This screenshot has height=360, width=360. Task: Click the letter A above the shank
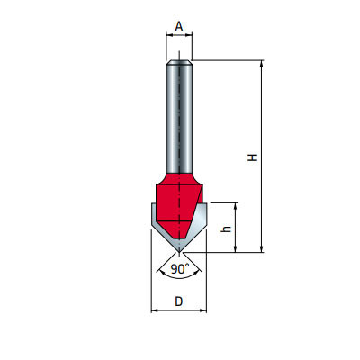179,27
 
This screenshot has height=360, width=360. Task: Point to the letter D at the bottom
180,301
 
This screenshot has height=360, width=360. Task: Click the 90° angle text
179,269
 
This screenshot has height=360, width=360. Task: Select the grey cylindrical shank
179,117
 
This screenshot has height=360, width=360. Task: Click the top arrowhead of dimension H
262,64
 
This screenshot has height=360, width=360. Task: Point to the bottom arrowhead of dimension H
262,248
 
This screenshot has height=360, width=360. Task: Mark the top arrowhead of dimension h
236,206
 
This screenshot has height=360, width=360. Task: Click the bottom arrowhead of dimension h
236,248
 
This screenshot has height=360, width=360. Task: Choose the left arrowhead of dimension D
154,311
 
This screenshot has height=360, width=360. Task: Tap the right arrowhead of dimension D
206,311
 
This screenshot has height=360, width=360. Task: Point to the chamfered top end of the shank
179,62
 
